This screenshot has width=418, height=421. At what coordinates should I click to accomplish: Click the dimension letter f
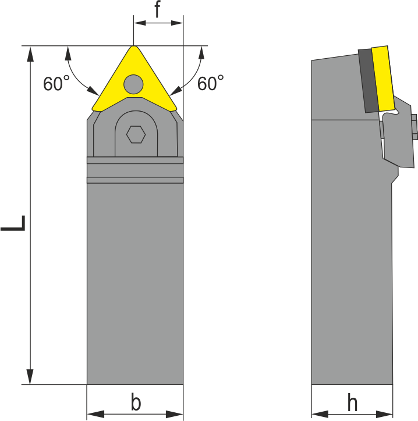coord(157,10)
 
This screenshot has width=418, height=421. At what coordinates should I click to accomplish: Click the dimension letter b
coord(135,402)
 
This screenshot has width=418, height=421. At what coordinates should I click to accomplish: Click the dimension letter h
coord(352,402)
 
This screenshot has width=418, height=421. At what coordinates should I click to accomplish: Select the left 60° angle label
coord(56,84)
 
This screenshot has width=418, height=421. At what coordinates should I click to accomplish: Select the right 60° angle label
coord(210,84)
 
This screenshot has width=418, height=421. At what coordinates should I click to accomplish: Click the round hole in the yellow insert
coord(133,84)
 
